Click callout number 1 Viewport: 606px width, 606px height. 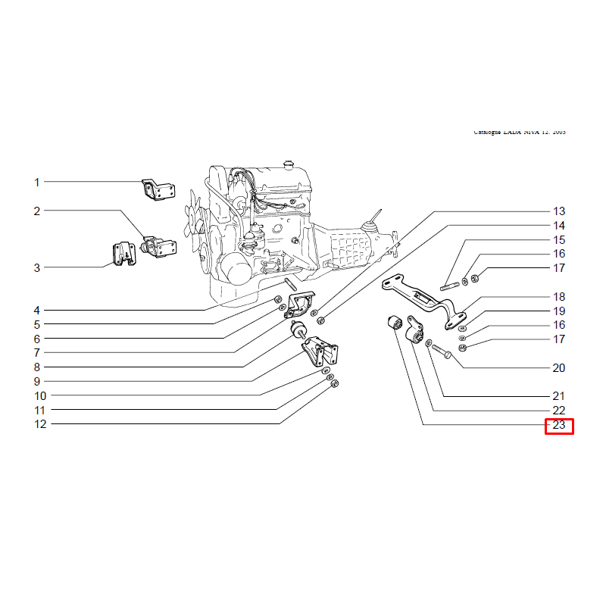coord(36,183)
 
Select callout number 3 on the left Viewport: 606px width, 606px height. coord(36,267)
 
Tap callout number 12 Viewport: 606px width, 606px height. coord(40,424)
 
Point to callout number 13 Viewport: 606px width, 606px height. coord(559,211)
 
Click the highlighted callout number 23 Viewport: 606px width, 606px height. coord(559,425)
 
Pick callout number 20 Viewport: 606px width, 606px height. coord(559,368)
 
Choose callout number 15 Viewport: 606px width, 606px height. coord(559,239)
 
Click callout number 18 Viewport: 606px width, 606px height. coord(559,297)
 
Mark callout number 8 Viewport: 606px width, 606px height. coord(36,367)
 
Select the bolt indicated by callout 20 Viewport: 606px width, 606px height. coord(444,353)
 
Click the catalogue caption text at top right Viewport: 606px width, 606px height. coord(520,132)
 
